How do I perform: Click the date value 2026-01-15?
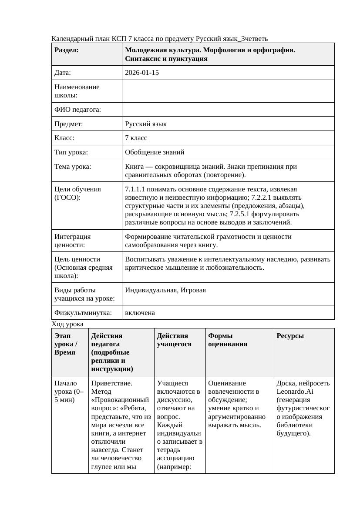pyautogui.click(x=141, y=73)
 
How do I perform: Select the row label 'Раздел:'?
pyautogui.click(x=67, y=50)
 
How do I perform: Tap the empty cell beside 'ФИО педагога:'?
pyautogui.click(x=228, y=110)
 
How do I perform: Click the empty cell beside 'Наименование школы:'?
pyautogui.click(x=228, y=91)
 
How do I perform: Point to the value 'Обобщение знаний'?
pyautogui.click(x=155, y=152)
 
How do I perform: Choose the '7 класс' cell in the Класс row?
pyautogui.click(x=136, y=138)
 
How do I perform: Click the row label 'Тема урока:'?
pyautogui.click(x=73, y=167)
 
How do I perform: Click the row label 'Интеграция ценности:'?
pyautogui.click(x=73, y=241)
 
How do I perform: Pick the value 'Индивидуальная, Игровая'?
pyautogui.click(x=165, y=290)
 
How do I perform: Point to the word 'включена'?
pyautogui.click(x=140, y=313)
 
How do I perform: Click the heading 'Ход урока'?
pyautogui.click(x=67, y=324)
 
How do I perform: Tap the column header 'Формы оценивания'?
pyautogui.click(x=228, y=340)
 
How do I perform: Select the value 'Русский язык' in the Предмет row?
pyautogui.click(x=146, y=124)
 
